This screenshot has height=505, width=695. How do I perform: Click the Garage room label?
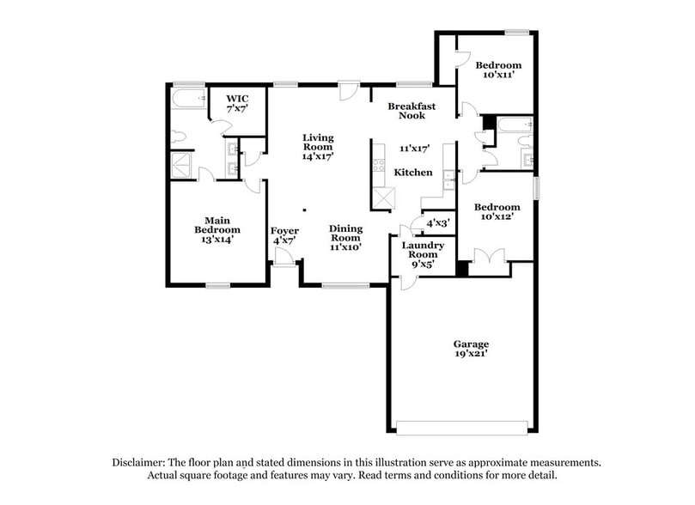point(470,344)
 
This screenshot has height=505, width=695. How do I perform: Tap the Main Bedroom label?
point(216,224)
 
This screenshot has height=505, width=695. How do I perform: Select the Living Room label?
point(317,142)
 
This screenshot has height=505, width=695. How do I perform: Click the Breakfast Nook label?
point(412,111)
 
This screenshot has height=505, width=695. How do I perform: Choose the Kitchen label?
point(413,173)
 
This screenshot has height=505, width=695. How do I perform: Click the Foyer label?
point(284,231)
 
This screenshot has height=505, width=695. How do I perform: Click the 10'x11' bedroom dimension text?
point(498,76)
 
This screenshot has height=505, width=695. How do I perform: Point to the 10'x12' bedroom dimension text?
point(498,216)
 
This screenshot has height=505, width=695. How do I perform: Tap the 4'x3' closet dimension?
point(438,223)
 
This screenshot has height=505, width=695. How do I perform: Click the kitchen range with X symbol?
point(381,199)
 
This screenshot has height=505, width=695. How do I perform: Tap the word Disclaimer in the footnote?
point(139,461)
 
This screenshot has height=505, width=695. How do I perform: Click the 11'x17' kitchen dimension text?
point(413,148)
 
